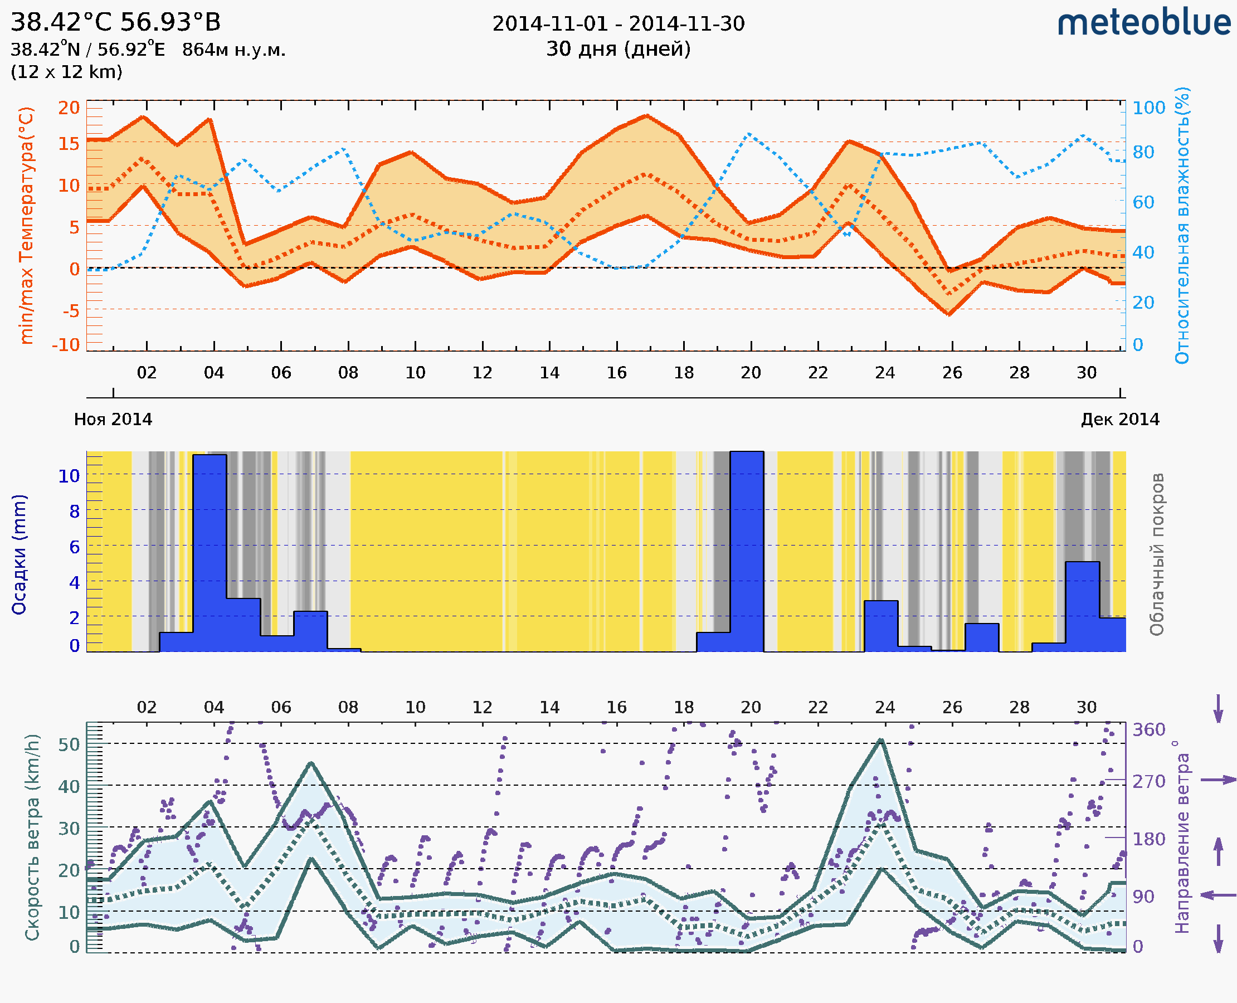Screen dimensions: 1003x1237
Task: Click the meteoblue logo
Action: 1144,23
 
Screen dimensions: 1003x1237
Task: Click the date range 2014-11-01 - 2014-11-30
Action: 618,24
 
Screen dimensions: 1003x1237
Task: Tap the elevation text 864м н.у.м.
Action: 233,50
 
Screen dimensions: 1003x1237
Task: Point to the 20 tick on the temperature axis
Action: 69,108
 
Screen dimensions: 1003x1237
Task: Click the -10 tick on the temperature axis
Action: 65,345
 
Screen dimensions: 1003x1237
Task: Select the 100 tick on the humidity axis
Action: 1148,108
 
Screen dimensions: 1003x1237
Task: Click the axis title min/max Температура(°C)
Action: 26,225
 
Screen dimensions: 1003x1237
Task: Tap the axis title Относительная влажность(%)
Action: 1182,225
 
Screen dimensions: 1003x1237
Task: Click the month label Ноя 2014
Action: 113,420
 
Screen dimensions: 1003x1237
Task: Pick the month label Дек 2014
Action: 1120,420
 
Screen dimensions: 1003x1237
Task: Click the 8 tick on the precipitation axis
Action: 75,512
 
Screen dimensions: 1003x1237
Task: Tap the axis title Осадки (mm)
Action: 19,554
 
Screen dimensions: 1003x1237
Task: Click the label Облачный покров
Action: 1156,554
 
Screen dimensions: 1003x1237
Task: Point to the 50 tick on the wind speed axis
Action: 69,744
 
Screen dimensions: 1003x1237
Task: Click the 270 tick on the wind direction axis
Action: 1148,781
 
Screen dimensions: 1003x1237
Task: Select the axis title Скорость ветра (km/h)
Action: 32,838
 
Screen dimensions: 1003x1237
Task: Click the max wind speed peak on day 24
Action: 880,740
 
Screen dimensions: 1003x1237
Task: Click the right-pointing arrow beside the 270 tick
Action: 1218,780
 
